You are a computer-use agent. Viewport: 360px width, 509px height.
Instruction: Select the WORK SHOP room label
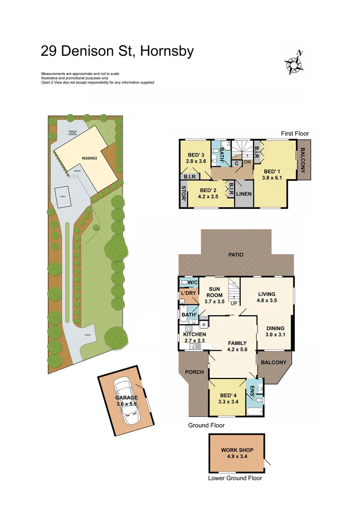(237, 450)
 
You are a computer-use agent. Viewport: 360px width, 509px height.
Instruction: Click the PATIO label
(236, 255)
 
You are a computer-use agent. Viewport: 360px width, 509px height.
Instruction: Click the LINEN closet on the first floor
(244, 194)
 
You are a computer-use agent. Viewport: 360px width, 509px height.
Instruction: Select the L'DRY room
(188, 294)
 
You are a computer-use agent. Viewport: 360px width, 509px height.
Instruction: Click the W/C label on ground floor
(192, 283)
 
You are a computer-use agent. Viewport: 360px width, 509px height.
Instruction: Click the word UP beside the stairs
(234, 303)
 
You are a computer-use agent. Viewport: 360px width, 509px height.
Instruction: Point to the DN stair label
(247, 163)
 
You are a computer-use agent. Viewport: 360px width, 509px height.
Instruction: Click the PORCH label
(195, 372)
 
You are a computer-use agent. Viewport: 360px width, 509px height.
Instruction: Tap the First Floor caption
(295, 134)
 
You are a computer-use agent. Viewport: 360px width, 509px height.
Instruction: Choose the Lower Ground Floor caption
(235, 478)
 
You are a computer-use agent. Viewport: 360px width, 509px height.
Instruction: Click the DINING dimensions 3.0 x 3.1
(275, 335)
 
